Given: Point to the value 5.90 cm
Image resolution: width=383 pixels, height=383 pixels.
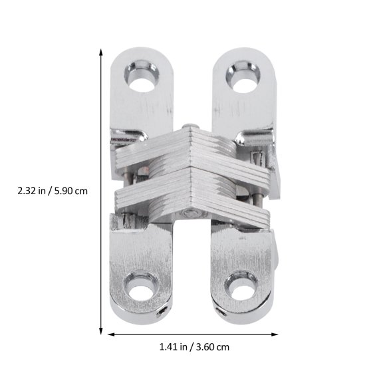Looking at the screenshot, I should tap(72, 190).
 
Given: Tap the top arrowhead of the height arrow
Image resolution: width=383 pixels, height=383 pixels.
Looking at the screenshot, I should tap(101, 52).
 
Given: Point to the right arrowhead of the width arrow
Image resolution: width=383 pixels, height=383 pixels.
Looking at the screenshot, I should tap(274, 330).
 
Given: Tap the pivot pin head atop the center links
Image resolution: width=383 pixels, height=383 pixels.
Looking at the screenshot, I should tap(190, 126).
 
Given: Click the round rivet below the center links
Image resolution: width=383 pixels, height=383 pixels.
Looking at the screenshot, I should tap(191, 213).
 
